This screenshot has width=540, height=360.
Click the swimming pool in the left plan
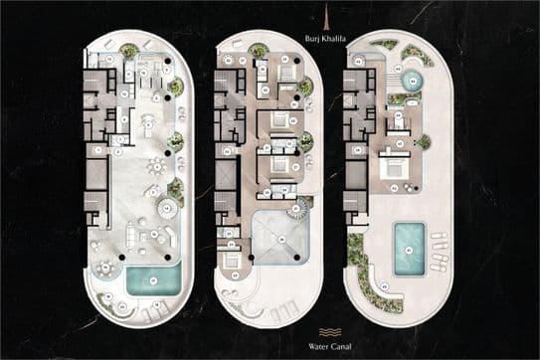pos(153,279)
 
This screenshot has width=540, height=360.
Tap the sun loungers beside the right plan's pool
pos(439,252)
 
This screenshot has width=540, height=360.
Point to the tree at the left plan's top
pos(130,51)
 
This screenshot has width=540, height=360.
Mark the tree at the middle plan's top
pos(259,50)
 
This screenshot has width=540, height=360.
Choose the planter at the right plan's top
pos(384,45)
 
